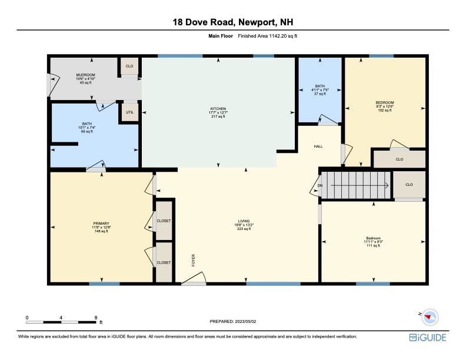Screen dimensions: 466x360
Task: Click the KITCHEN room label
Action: pos(218,109)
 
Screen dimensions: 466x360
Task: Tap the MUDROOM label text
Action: pos(85,75)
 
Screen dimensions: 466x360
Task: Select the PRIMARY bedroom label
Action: pos(101,224)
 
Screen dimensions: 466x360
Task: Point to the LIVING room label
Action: pos(244,221)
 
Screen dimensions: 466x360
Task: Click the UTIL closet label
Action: pos(130,112)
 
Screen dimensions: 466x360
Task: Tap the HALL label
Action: pos(318,146)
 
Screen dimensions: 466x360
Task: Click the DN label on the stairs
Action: pos(319,186)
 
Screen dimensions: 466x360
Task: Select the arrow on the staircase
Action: pos(360,185)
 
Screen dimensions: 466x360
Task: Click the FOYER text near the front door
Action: pos(194,260)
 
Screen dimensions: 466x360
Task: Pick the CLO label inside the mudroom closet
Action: pos(129,66)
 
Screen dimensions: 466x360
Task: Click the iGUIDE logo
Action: pos(428,338)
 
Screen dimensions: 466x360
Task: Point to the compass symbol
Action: pos(430,317)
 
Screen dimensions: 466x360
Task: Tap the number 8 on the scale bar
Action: pos(96,318)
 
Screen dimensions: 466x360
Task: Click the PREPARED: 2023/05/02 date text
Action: pos(233,321)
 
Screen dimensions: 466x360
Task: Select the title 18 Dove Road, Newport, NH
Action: pos(233,22)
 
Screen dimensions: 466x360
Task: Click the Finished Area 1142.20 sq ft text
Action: pos(268,36)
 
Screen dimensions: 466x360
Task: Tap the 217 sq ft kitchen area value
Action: pos(218,116)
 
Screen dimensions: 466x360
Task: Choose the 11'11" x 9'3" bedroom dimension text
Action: pos(373,242)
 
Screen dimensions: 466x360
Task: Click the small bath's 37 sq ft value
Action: pos(319,94)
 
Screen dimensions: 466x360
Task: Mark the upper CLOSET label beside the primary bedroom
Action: pos(164,221)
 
